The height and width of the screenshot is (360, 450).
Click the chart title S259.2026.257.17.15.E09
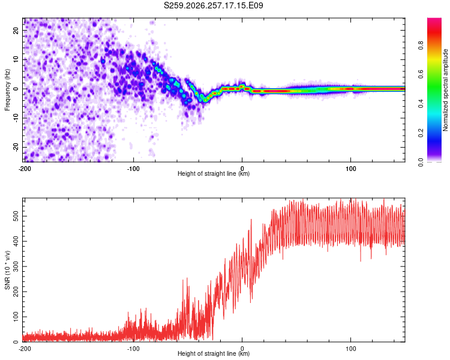213,5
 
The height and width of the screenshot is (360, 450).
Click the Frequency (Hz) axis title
7,90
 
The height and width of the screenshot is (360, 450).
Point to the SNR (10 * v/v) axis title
7,270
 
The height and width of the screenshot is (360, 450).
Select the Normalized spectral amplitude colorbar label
445,90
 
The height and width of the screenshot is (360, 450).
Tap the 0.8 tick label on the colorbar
421,46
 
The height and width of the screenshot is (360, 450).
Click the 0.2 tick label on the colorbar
421,133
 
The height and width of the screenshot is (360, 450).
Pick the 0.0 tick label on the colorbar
421,162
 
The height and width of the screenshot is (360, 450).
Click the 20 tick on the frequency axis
16,31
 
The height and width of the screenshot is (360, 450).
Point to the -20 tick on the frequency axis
16,147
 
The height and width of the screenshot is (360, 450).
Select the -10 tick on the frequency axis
16,118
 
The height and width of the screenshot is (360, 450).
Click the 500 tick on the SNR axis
16,216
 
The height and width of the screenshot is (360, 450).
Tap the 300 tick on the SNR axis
16,266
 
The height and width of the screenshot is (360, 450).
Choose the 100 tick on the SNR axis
16,317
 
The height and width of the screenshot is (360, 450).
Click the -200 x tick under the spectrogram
25,169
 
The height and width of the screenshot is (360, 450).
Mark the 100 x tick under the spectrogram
351,169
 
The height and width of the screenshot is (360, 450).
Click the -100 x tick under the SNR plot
133,349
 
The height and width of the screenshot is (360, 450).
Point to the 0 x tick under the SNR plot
242,349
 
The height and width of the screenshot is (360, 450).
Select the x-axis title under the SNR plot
214,353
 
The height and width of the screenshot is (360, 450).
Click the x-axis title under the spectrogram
214,173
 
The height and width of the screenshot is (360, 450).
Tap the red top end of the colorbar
434,20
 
